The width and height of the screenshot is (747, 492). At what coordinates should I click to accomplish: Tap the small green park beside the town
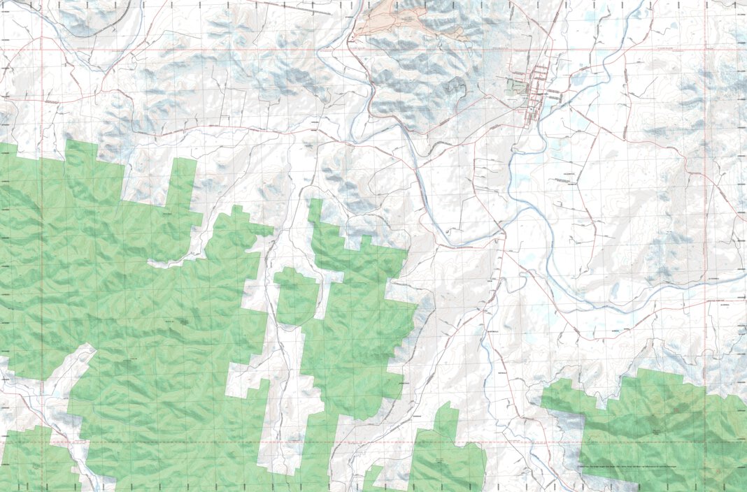516,87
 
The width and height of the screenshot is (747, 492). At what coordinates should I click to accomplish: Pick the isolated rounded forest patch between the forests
296,296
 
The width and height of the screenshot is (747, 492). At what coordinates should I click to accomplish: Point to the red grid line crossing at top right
705,50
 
